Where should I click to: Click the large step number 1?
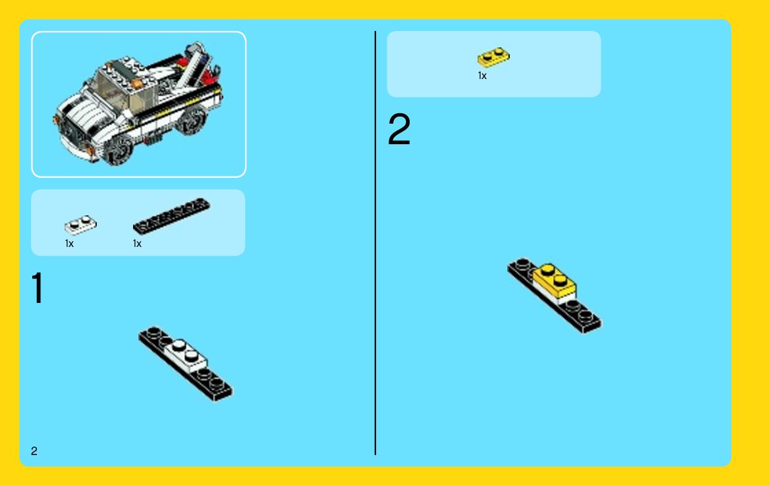coord(38,288)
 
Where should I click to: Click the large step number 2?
coord(399,128)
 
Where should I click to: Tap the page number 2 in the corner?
coord(34,450)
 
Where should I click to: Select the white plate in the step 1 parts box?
coord(80,225)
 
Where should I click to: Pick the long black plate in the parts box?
coord(171,215)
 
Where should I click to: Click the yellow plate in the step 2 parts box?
coord(493,57)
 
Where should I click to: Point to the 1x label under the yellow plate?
coord(482,76)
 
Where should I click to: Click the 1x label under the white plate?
coord(69,244)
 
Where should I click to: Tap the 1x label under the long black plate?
coord(137,244)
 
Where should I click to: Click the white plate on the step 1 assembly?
coord(185,355)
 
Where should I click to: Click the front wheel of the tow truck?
coord(119,149)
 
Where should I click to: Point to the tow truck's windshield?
coord(112,88)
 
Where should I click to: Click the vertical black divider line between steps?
coord(375,243)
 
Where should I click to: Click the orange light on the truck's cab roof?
coord(138,84)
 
